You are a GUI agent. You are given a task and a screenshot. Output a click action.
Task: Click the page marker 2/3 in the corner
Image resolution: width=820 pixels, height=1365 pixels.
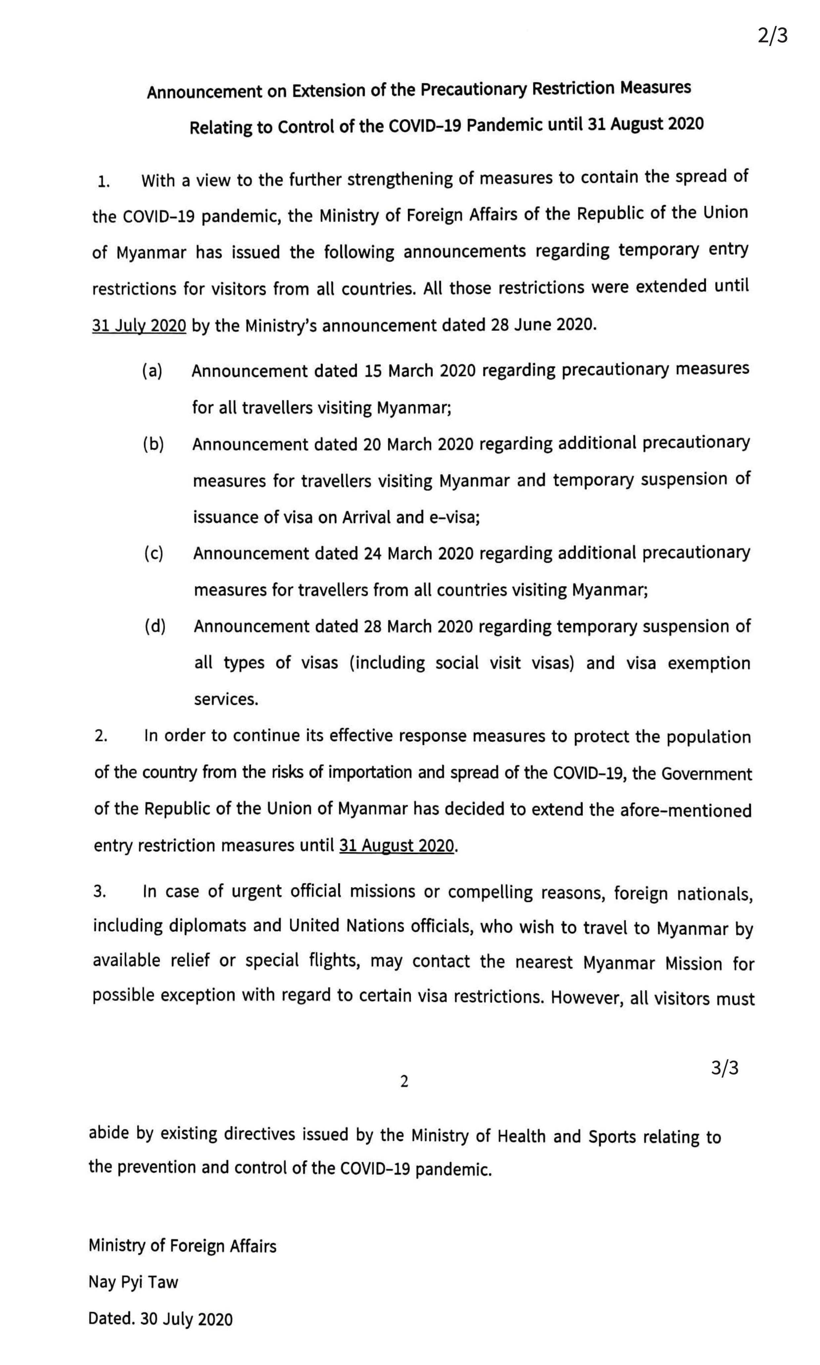point(772,36)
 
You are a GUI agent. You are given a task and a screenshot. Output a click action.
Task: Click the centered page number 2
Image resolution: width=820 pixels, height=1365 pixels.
point(404,1082)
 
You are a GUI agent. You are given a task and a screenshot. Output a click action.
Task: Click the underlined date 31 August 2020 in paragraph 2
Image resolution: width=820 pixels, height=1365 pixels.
point(396,845)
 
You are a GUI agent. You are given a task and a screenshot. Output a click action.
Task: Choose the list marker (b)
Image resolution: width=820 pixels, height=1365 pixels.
point(153,444)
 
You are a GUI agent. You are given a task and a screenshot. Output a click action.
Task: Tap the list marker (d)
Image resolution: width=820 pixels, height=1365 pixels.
point(155,626)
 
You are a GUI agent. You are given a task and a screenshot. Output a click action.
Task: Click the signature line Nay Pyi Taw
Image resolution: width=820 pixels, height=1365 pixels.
point(133,1282)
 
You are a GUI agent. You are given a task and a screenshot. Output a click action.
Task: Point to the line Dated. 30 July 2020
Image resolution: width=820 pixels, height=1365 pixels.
point(160,1319)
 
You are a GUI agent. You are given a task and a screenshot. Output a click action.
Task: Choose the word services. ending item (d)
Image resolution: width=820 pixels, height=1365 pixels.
point(226,699)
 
